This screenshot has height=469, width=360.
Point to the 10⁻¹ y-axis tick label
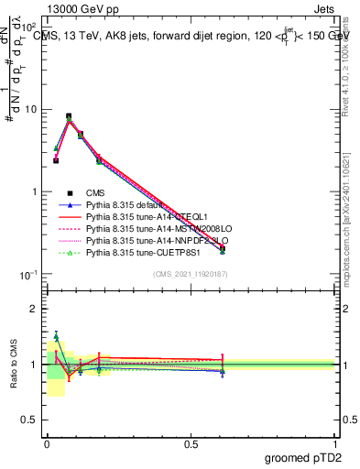(x=29, y=275)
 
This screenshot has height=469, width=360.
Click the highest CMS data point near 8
(x=69, y=116)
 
